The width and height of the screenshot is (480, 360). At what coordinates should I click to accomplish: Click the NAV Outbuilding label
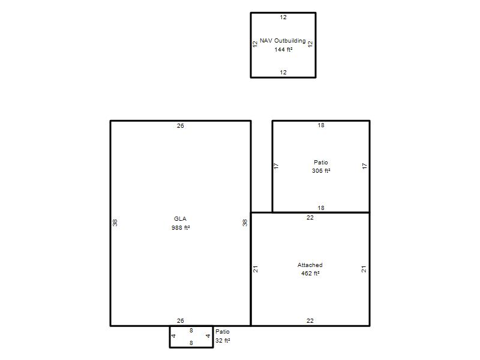(x=283, y=41)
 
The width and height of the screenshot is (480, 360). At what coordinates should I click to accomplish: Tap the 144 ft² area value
(x=283, y=49)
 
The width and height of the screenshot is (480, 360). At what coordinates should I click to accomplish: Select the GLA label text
(x=180, y=219)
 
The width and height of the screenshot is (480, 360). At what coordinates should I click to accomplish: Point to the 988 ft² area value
(x=181, y=228)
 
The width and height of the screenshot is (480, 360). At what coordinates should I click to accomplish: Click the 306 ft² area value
(x=321, y=171)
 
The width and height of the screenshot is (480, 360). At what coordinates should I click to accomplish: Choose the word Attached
(x=310, y=265)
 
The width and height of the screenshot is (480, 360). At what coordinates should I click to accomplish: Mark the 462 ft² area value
(x=310, y=274)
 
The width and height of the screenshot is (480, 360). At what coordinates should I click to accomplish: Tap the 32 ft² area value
(x=223, y=340)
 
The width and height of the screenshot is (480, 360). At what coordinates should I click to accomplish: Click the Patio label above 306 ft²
(x=321, y=162)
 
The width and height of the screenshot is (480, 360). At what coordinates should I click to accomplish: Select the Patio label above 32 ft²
(x=222, y=332)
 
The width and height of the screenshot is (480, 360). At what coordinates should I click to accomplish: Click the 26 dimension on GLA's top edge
(x=181, y=125)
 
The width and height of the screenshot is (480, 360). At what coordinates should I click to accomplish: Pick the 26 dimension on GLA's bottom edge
(x=181, y=320)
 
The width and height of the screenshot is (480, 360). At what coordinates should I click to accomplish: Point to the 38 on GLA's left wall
(x=115, y=223)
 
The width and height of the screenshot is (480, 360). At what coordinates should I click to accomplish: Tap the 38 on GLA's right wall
(x=245, y=223)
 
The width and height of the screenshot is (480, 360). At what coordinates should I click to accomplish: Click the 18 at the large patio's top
(x=321, y=125)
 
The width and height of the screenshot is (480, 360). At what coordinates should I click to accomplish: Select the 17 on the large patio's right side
(x=364, y=166)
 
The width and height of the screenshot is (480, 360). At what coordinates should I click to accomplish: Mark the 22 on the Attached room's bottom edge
(x=310, y=320)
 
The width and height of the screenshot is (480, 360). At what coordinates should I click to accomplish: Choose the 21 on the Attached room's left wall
(x=256, y=269)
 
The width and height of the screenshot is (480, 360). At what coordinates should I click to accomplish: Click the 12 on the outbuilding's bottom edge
(x=283, y=72)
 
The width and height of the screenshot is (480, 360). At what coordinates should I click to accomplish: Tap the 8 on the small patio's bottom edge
(x=191, y=343)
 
